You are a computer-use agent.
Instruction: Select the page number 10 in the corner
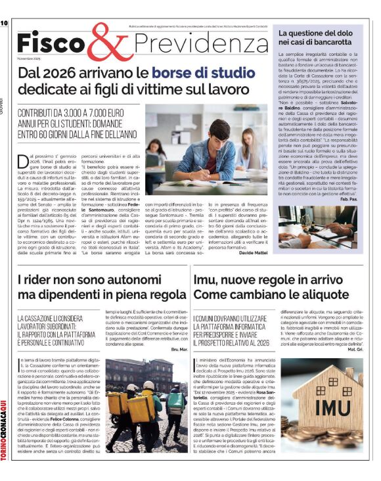point(4,23)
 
